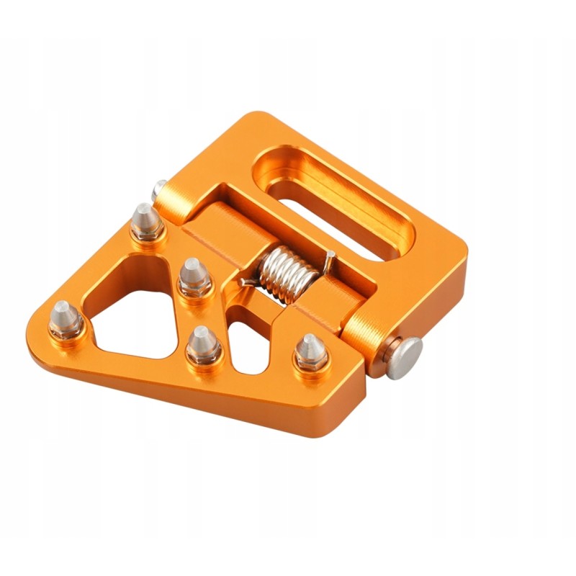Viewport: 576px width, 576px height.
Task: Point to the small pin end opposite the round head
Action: coord(159,189)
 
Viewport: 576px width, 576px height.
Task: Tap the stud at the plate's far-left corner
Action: coord(66,320)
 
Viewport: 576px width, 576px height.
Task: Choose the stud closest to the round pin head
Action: coord(310,353)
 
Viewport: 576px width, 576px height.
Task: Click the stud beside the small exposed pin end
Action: coord(146,223)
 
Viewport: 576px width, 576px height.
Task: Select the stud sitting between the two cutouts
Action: coord(203,346)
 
